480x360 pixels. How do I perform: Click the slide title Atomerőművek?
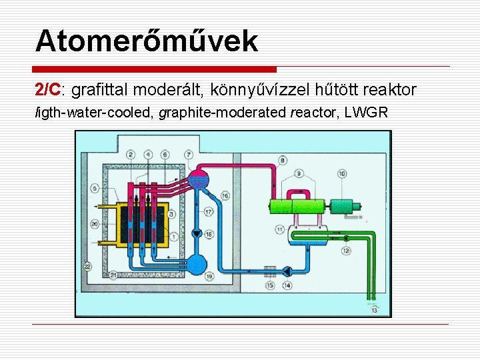146,41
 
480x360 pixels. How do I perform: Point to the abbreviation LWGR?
366,113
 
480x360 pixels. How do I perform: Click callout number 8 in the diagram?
283,160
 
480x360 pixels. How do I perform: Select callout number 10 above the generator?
342,173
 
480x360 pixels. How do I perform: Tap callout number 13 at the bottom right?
373,309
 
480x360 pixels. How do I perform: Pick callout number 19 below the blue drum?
209,275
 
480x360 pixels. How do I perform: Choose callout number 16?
225,195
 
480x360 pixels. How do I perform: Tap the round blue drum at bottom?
198,263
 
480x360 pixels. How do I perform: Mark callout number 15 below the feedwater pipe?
270,285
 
